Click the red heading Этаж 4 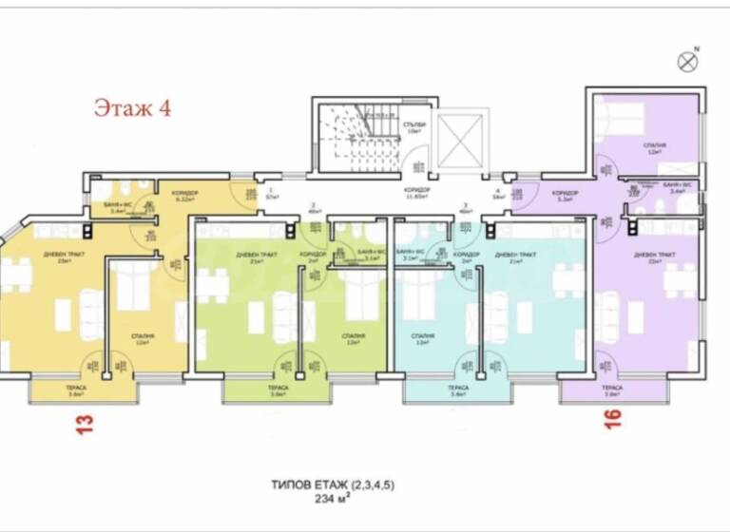click(132, 107)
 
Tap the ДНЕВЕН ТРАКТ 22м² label click(653, 257)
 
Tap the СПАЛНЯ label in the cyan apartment click(424, 339)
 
